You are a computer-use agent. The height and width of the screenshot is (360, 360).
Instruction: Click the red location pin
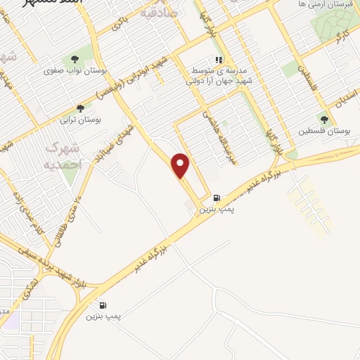181,166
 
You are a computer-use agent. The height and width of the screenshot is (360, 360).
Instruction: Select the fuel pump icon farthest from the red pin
104,305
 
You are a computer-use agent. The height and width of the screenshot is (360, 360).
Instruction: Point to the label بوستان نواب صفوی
70,70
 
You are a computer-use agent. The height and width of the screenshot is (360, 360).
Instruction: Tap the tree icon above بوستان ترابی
80,108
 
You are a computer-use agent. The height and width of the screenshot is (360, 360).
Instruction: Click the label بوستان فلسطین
324,131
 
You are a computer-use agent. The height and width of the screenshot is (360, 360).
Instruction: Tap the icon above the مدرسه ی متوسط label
219,60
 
